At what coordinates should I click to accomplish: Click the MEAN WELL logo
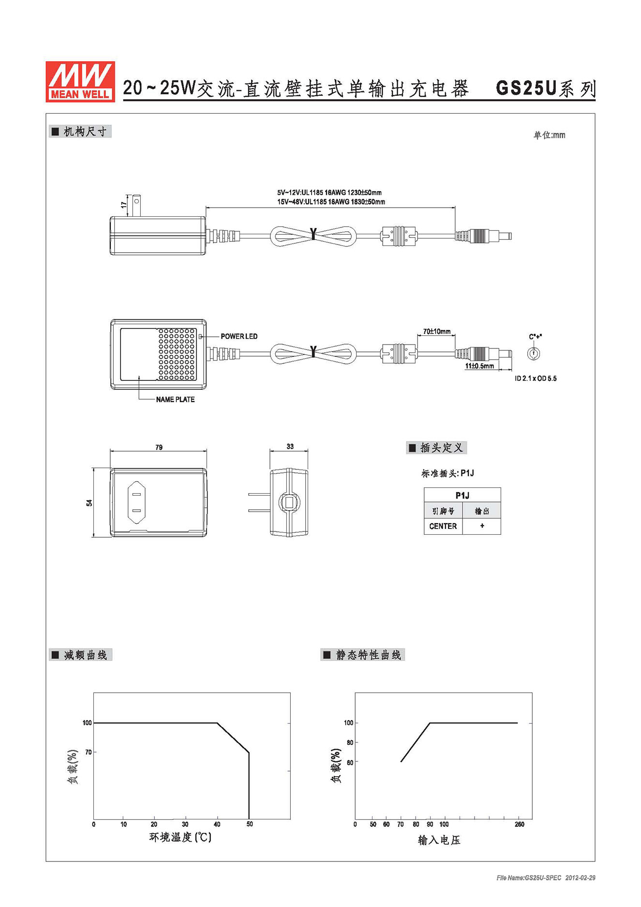tap(80, 81)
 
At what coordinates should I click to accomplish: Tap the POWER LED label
tap(239, 336)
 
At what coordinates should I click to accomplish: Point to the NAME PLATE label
tap(175, 399)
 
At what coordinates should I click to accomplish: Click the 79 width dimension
tap(159, 447)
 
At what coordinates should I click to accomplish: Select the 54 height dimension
tap(89, 503)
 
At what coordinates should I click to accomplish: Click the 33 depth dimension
tap(290, 446)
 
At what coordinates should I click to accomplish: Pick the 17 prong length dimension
tap(124, 205)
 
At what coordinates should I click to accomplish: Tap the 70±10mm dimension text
tap(437, 332)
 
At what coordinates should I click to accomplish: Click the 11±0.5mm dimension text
tap(479, 366)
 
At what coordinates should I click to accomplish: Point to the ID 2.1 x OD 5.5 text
tap(536, 378)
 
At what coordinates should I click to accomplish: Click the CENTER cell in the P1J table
tap(443, 526)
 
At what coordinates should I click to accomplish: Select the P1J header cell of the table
tap(462, 495)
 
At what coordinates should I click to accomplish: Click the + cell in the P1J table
tap(482, 526)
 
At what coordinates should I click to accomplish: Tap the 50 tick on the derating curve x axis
tap(250, 824)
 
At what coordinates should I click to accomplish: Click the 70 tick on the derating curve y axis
tap(88, 752)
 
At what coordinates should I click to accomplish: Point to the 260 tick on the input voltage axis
tap(520, 824)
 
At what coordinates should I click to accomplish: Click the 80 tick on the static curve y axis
tap(350, 742)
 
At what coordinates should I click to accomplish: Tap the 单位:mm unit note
tap(549, 135)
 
